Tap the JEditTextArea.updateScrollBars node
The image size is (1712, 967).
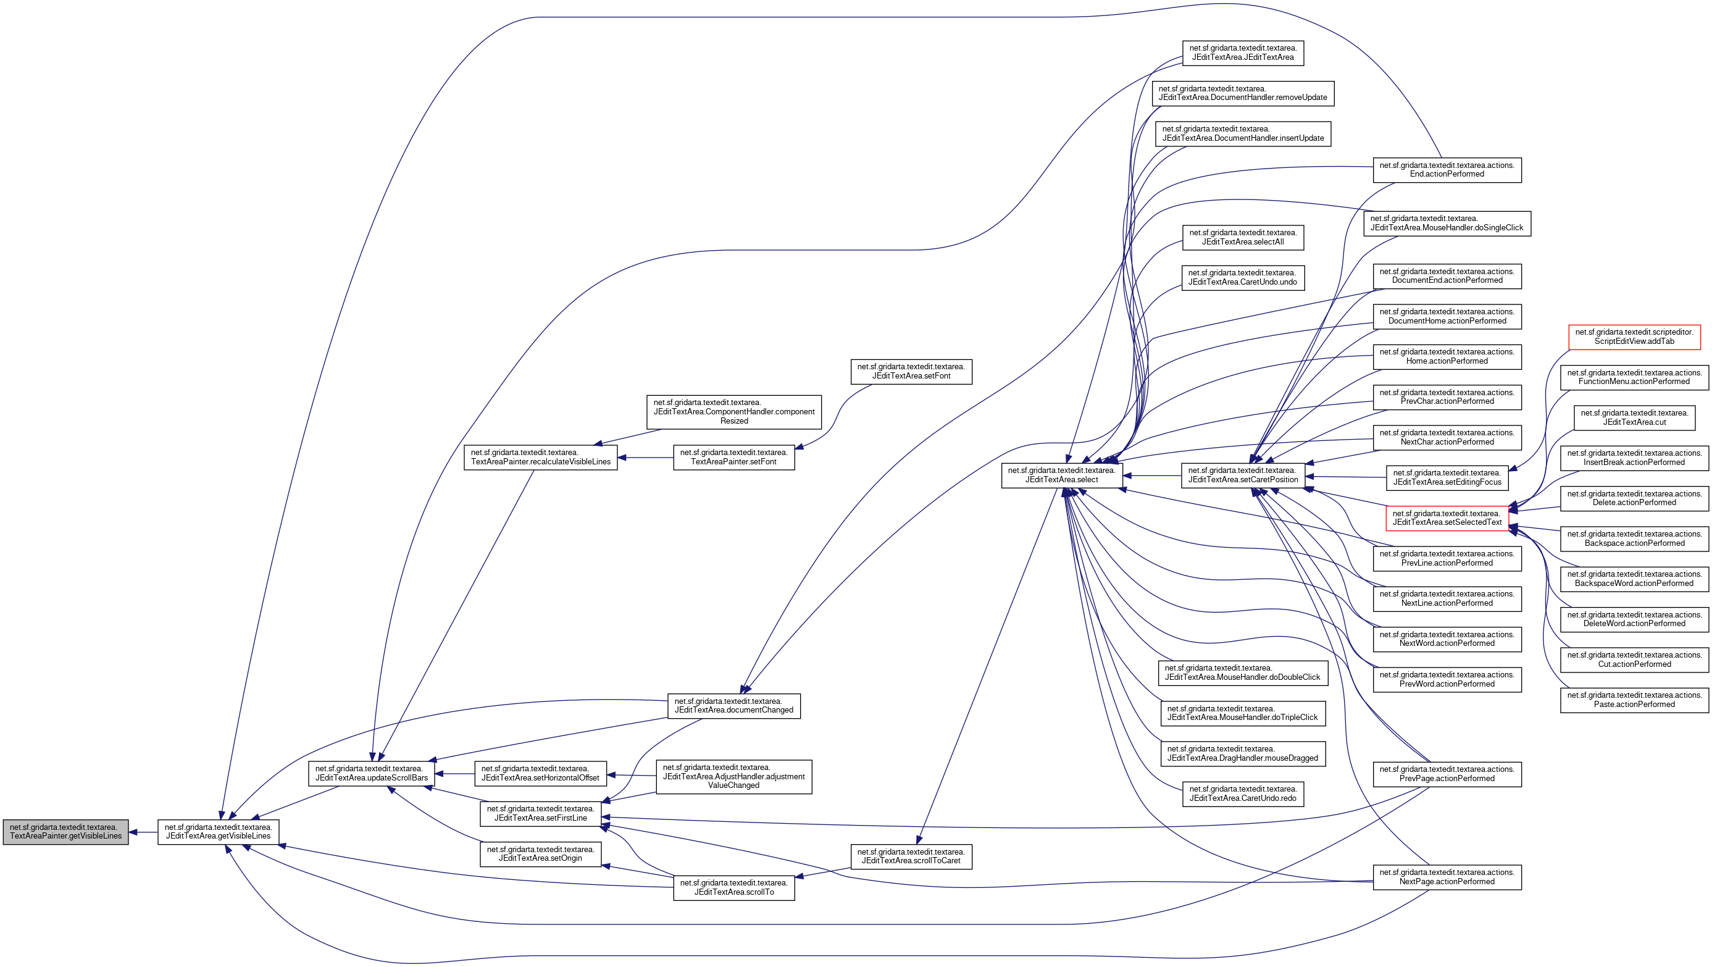[372, 773]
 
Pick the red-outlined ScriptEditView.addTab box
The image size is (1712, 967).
[1634, 337]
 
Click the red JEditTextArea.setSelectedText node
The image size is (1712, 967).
[1447, 517]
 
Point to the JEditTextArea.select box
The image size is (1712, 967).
[1061, 475]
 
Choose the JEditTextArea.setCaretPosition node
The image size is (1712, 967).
[1243, 475]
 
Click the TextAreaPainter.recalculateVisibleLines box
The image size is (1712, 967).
[540, 457]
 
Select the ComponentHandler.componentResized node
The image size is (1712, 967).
[733, 412]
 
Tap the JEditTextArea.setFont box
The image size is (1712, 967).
[911, 372]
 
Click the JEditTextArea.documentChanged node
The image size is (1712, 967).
[733, 706]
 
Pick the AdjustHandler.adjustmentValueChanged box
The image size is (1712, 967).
[733, 776]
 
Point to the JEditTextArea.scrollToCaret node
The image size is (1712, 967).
[911, 856]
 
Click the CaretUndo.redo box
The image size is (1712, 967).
[1243, 793]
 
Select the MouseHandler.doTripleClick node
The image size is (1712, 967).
[1242, 713]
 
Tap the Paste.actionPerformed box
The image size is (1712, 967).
[1634, 700]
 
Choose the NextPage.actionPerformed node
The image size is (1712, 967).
[1447, 877]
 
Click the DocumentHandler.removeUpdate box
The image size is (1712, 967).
[1243, 93]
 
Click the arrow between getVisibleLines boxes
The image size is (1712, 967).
[143, 832]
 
